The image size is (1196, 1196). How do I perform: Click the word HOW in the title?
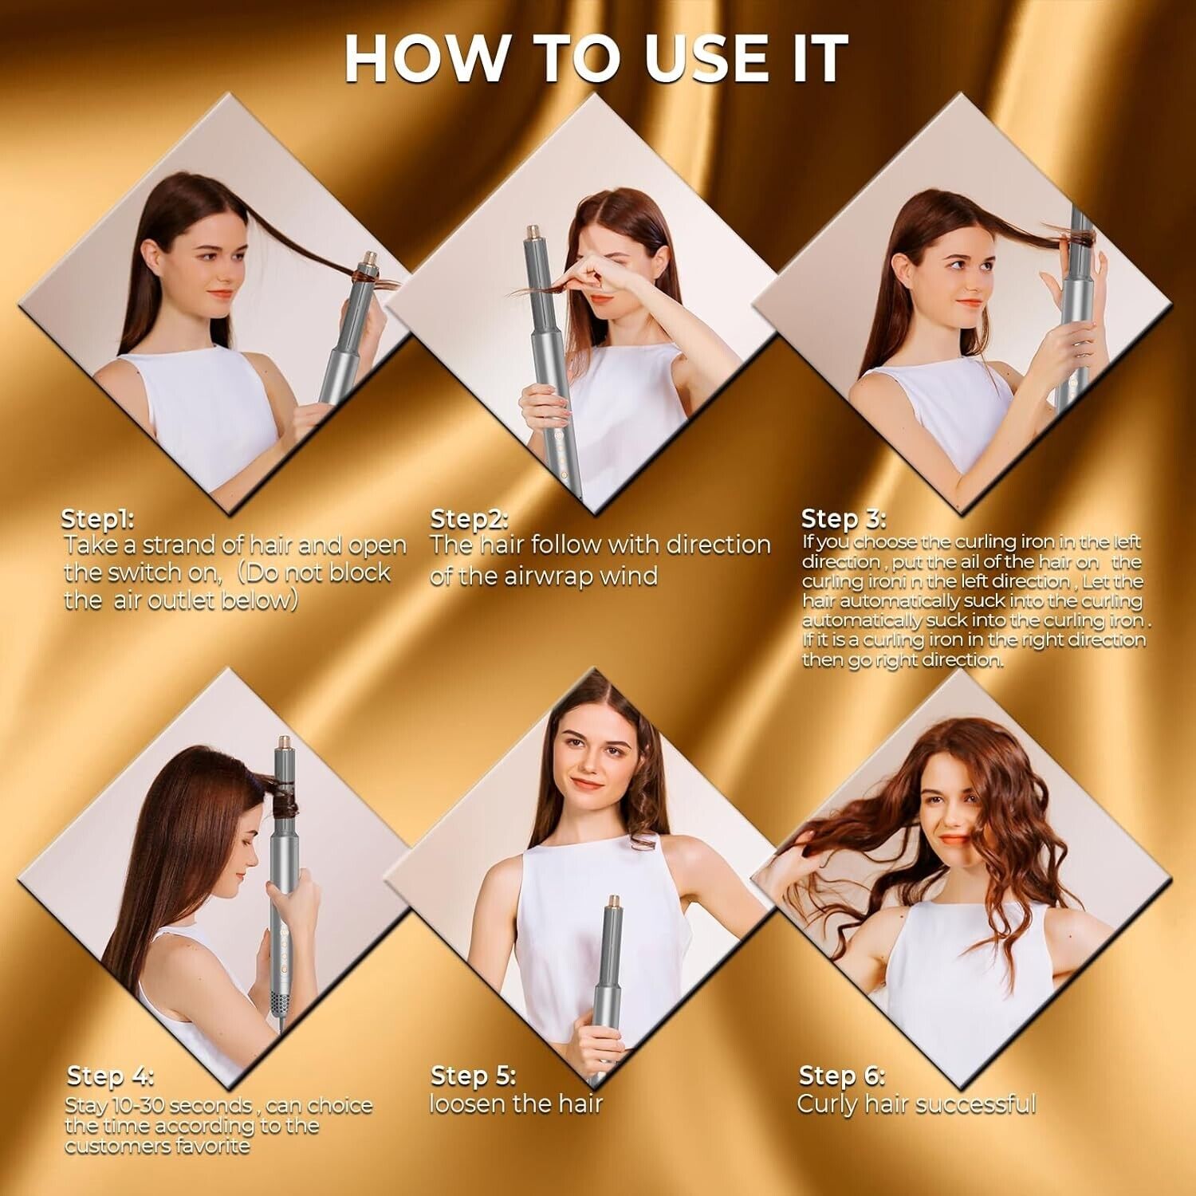pos(426,57)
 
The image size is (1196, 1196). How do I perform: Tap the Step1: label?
pos(98,519)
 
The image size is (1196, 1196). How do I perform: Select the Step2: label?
pos(469,519)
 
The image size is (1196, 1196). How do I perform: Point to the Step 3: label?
pos(844,518)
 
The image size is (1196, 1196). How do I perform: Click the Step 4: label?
pos(110,1076)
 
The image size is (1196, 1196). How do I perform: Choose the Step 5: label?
pos(473,1076)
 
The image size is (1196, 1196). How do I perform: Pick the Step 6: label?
pos(842,1076)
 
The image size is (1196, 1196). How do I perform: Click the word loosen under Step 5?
pos(465,1104)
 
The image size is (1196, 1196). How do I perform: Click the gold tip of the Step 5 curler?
pos(613,906)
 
